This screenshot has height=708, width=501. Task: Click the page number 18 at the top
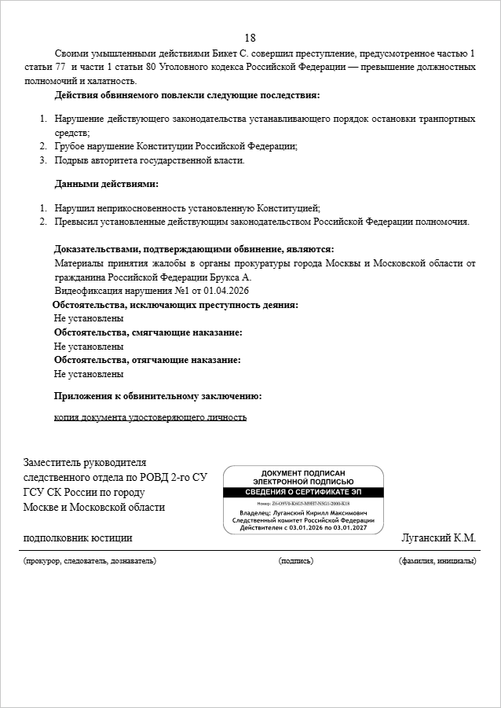pos(251,38)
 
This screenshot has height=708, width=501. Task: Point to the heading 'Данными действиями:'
pos(106,184)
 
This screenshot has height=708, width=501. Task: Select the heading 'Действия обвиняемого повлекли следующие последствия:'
pos(187,95)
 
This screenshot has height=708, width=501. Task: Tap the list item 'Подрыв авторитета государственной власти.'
pos(149,160)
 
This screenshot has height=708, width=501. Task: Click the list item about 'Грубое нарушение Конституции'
pos(175,146)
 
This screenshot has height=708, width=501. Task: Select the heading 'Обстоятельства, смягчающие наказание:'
pos(148,332)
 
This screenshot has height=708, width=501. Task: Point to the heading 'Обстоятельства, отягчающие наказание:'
pos(147,360)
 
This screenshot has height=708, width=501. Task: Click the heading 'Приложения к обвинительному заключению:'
pos(157,396)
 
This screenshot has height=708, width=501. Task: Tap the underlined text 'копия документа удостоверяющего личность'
pos(150,417)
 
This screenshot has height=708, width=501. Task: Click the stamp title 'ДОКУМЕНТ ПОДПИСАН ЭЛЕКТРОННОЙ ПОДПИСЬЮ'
pos(303,477)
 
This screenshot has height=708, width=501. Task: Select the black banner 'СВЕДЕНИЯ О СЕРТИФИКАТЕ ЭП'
pos(303,492)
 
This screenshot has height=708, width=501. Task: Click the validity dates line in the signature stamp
pos(303,528)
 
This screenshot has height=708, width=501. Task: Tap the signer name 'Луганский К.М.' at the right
pos(438,538)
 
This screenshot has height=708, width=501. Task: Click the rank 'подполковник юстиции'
pos(78,538)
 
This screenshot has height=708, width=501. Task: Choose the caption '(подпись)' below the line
pos(295,561)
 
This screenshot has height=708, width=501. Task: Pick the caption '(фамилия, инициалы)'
pos(437,561)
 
